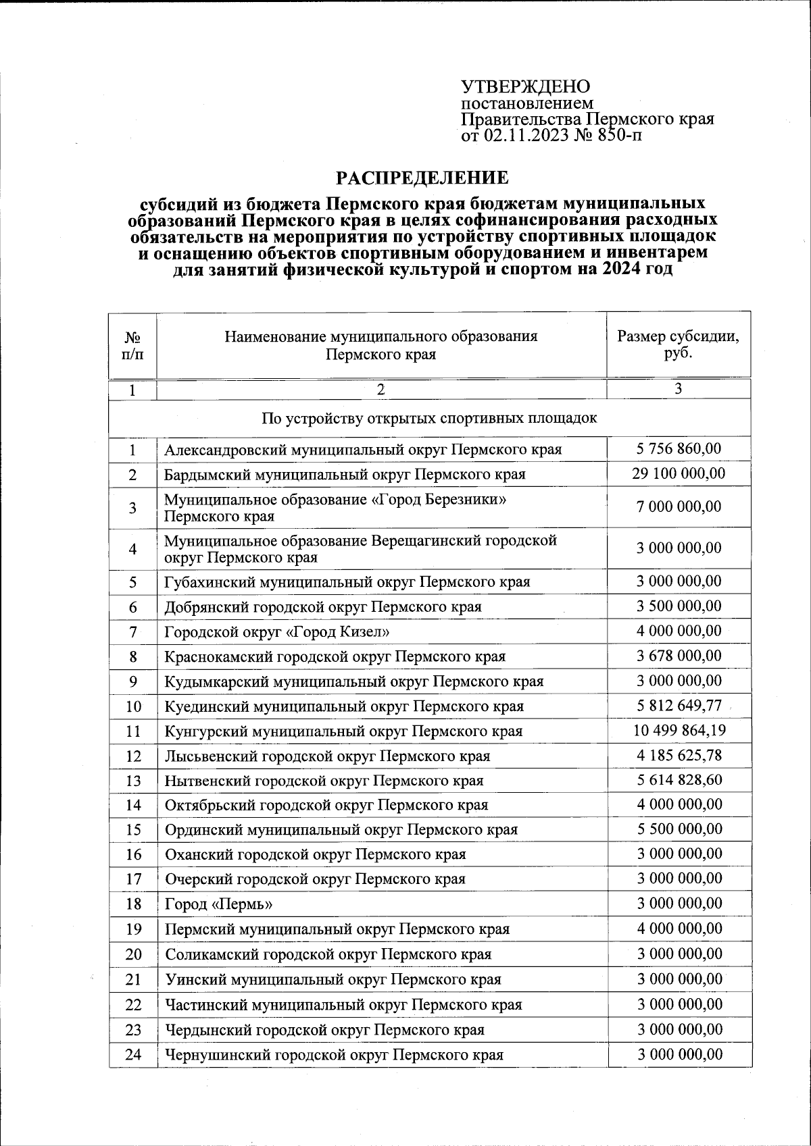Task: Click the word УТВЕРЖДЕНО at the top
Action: (x=525, y=87)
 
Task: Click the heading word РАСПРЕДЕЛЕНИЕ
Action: (x=422, y=178)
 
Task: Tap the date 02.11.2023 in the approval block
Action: (x=526, y=136)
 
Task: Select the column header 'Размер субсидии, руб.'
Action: (x=678, y=344)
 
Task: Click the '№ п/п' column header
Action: (x=132, y=345)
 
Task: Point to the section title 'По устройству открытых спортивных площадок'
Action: (x=429, y=418)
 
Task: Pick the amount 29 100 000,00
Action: (x=679, y=473)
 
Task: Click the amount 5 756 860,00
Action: (x=679, y=448)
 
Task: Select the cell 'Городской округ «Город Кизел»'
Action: (x=278, y=631)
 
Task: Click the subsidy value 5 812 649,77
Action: (x=679, y=706)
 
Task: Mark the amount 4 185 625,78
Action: (x=679, y=755)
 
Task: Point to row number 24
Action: (x=133, y=1054)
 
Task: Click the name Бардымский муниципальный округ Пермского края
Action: (x=345, y=474)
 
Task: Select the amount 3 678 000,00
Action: (x=679, y=656)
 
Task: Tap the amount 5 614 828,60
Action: (x=679, y=780)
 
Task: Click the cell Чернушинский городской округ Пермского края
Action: (x=334, y=1054)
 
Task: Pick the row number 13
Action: (x=133, y=781)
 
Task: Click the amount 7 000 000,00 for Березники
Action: (x=679, y=506)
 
